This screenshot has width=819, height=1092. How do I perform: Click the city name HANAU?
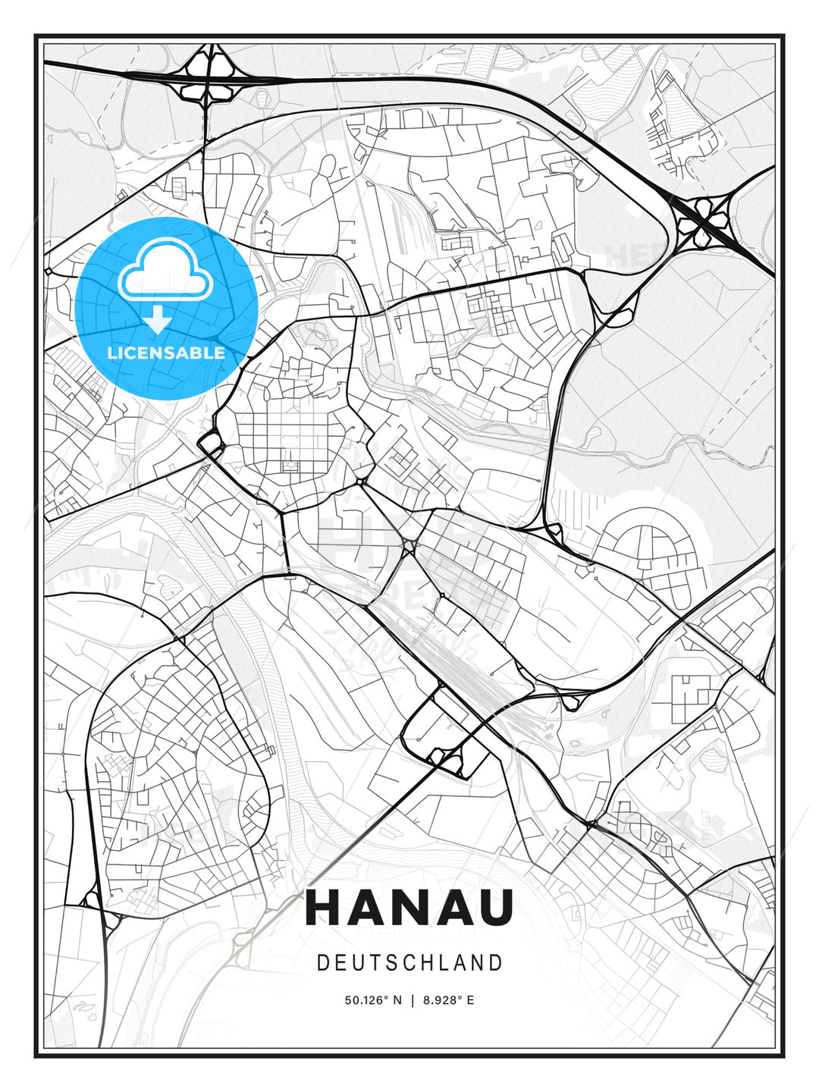pos(409,908)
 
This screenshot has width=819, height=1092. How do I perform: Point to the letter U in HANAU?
pos(494,908)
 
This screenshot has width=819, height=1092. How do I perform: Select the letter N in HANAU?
pos(409,908)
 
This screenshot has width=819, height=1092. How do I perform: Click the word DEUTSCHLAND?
pos(409,963)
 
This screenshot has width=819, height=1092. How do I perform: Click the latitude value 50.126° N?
pos(373,1000)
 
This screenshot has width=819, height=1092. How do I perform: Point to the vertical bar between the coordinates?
pos(412,1000)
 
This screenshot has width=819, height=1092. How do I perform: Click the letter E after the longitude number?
pos(470,1000)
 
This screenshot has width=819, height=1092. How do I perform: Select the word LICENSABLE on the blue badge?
pos(166,353)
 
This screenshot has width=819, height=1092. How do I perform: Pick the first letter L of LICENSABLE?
pos(111,353)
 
